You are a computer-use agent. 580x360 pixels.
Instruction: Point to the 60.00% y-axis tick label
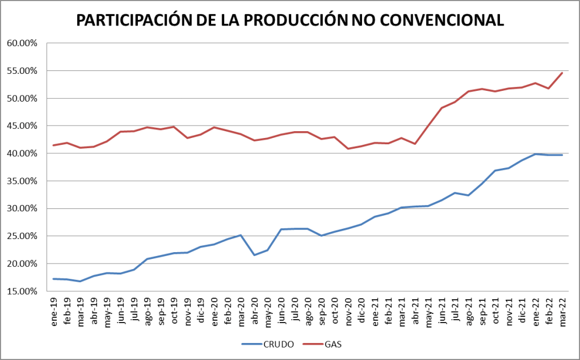(22, 43)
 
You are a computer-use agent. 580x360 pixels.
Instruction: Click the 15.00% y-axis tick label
(22, 291)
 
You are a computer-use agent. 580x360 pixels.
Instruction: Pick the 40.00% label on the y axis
(22, 153)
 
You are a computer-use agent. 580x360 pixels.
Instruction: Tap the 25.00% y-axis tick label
(22, 236)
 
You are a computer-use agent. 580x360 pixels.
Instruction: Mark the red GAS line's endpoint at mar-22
(562, 73)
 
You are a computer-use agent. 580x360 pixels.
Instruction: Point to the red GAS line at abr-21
(415, 144)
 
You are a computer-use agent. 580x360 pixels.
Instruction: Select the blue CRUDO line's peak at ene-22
(535, 154)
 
